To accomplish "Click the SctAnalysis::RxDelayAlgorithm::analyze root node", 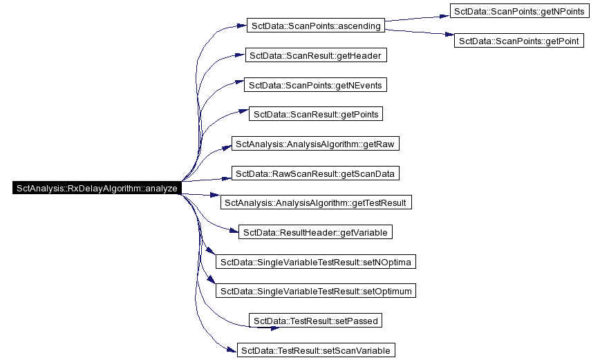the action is (x=97, y=188).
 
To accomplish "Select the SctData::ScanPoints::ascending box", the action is (x=316, y=26).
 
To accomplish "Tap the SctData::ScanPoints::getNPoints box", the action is (x=519, y=11).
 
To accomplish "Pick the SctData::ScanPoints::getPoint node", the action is (x=519, y=41).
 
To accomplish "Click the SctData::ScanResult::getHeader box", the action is (x=316, y=55).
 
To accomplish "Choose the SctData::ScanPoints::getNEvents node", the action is (x=315, y=84).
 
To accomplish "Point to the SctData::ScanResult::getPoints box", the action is (x=316, y=114).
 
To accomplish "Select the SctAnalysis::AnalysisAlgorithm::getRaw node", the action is (x=315, y=144).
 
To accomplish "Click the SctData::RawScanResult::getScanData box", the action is (x=315, y=173).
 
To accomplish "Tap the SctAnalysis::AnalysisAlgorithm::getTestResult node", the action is (x=316, y=202).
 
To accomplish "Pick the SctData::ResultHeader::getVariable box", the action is (x=315, y=232).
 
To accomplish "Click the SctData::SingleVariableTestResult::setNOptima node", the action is (x=316, y=262).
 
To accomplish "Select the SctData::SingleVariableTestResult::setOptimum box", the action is (x=316, y=291).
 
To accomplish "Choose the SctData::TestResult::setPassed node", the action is (x=315, y=321).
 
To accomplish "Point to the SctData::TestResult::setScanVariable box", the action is (x=316, y=350).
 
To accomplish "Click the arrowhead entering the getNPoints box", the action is (x=444, y=16).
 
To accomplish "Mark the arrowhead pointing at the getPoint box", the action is (x=449, y=35).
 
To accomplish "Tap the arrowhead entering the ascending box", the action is (x=242, y=26).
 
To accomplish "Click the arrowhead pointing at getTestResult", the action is (x=216, y=195).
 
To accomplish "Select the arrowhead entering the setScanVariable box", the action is (x=232, y=350).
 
